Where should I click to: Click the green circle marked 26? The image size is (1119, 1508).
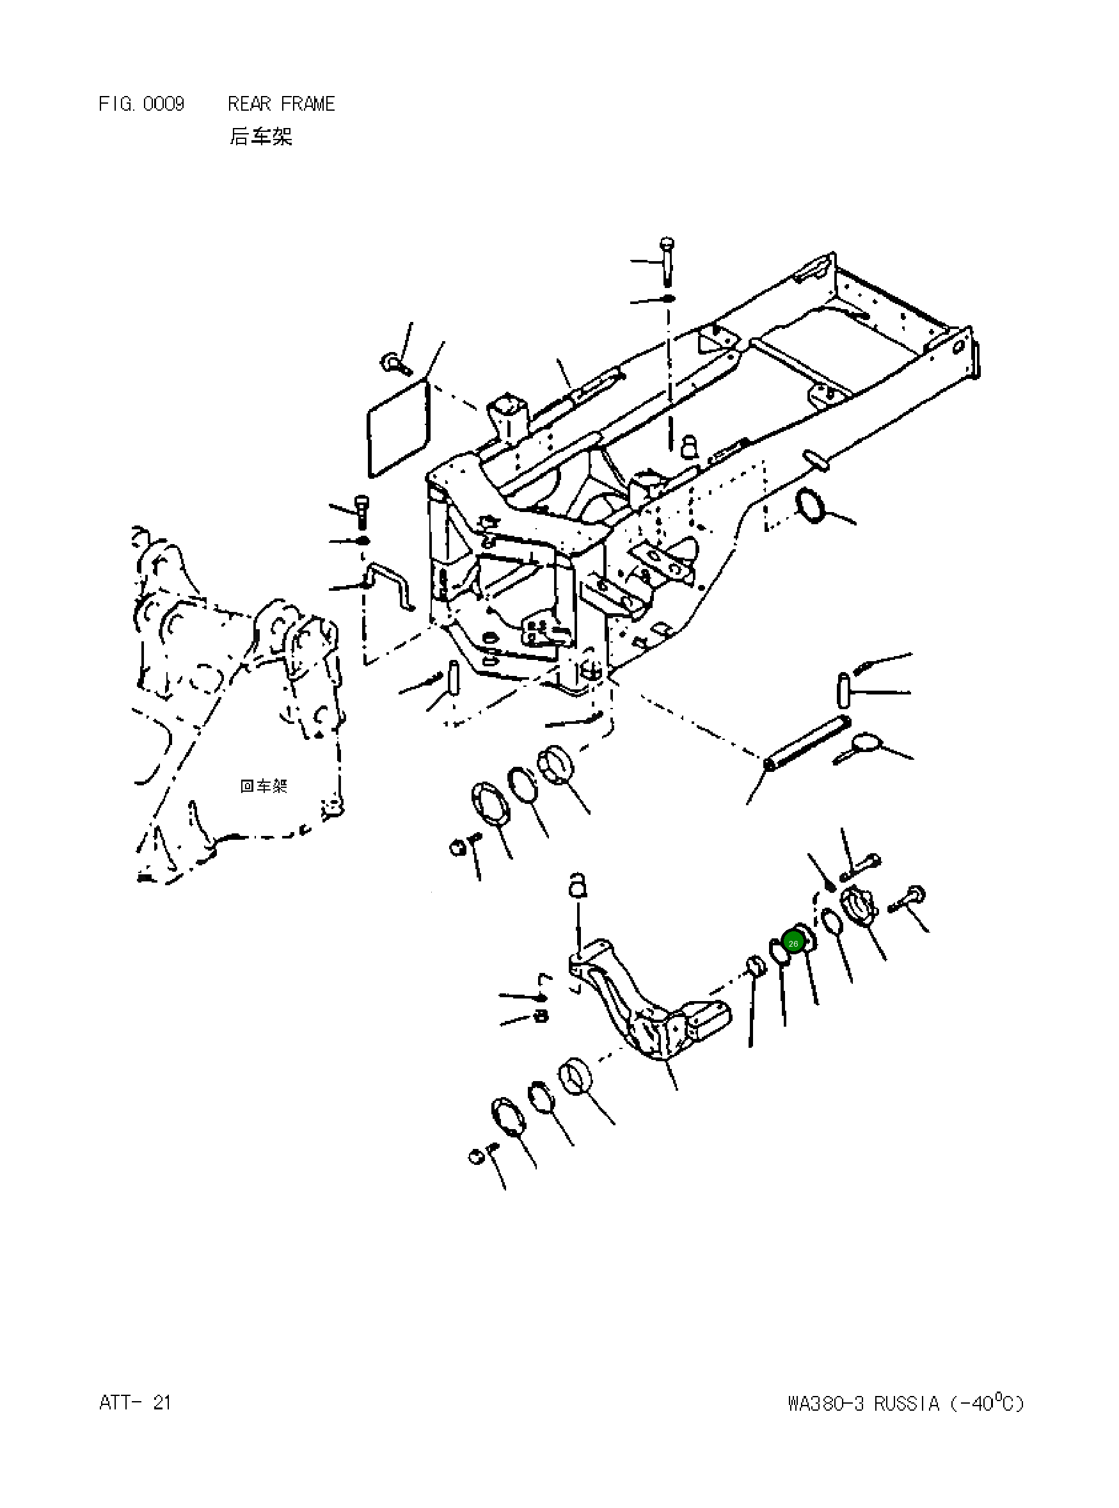tap(793, 942)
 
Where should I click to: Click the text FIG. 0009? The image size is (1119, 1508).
tap(141, 104)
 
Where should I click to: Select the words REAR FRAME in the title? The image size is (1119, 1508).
tap(281, 104)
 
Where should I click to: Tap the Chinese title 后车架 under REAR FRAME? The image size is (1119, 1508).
tap(261, 136)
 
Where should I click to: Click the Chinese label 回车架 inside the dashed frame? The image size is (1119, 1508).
tap(264, 786)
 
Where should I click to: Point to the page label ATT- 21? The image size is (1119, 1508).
tap(135, 1402)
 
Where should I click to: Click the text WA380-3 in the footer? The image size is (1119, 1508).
tap(825, 1403)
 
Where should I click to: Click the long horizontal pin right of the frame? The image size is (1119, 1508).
tap(806, 743)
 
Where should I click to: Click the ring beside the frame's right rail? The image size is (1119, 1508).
tap(811, 506)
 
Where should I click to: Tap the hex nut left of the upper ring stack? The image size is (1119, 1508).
tap(457, 847)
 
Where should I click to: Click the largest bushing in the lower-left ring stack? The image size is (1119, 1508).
tap(575, 1076)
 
